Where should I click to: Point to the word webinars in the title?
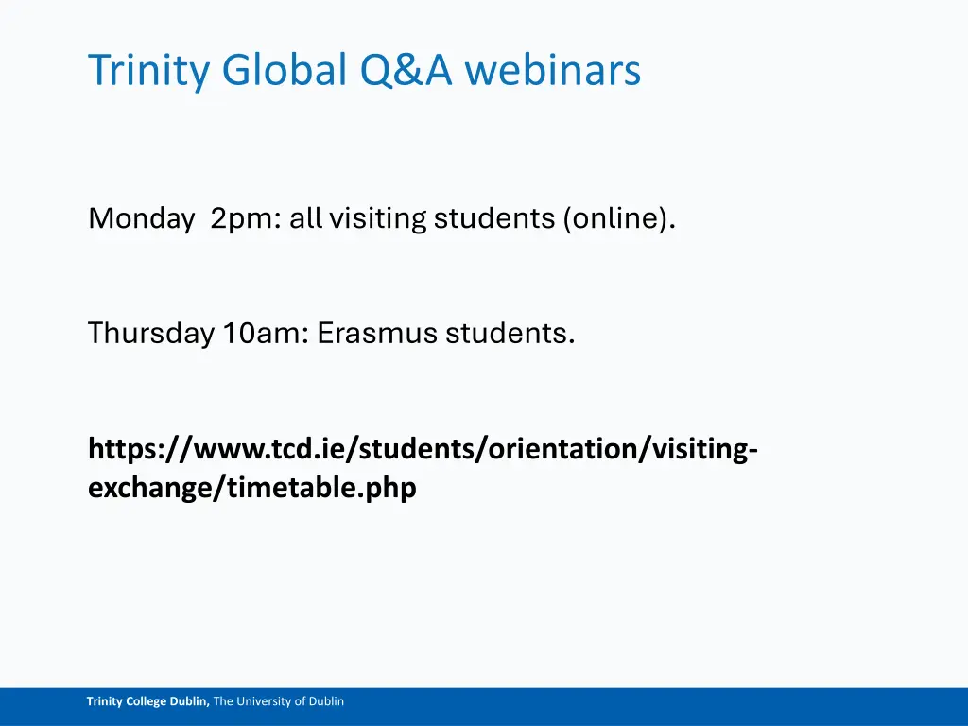pyautogui.click(x=553, y=70)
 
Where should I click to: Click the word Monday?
pyautogui.click(x=141, y=218)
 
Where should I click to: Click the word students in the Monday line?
pyautogui.click(x=495, y=218)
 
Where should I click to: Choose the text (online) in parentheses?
pyautogui.click(x=620, y=218)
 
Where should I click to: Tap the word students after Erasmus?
pyautogui.click(x=510, y=333)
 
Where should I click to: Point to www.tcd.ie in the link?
pyautogui.click(x=256, y=449)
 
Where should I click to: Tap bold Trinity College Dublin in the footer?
pyautogui.click(x=148, y=701)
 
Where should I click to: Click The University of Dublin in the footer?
pyautogui.click(x=279, y=701)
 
